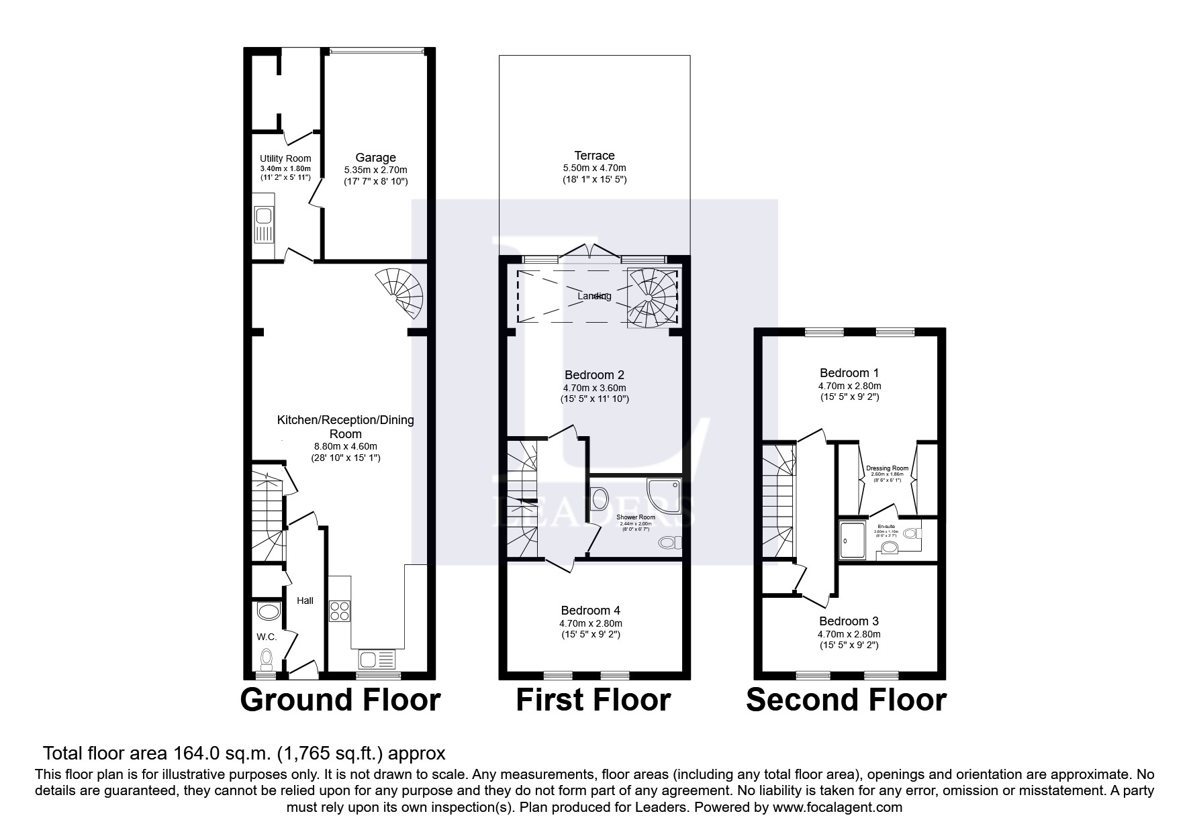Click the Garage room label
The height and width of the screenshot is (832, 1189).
click(376, 158)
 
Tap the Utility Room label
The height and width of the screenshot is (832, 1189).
click(285, 158)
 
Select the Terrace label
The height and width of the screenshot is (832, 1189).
click(594, 156)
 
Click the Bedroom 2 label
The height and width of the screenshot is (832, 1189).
click(594, 375)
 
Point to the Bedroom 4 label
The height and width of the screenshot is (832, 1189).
click(590, 611)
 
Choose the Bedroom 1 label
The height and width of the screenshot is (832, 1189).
click(849, 373)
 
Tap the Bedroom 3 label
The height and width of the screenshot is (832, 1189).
click(849, 621)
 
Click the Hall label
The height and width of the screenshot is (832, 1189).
click(305, 601)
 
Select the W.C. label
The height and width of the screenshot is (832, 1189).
click(267, 637)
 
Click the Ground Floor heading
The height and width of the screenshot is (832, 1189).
click(340, 700)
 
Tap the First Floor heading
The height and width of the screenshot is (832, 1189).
click(593, 700)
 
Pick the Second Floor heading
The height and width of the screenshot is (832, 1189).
click(846, 700)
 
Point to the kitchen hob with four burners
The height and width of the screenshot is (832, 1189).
click(340, 611)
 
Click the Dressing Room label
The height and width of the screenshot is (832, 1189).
click(887, 468)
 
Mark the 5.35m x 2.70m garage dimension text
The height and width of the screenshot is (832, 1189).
click(376, 170)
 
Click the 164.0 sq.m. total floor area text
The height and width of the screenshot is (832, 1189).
click(244, 752)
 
